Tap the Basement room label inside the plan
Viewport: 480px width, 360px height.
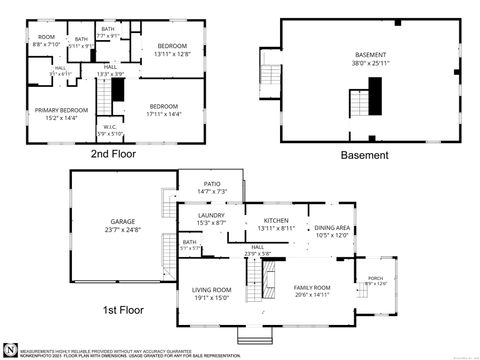pyautogui.click(x=370, y=55)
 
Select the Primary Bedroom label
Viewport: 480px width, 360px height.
pyautogui.click(x=53, y=112)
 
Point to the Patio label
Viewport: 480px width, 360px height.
pyautogui.click(x=211, y=183)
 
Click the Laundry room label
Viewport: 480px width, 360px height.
pyautogui.click(x=211, y=214)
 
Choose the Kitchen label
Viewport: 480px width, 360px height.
pyautogui.click(x=275, y=220)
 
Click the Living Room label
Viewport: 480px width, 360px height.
pyautogui.click(x=211, y=289)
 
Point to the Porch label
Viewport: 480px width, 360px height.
pyautogui.click(x=375, y=278)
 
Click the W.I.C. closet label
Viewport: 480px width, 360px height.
pyautogui.click(x=110, y=127)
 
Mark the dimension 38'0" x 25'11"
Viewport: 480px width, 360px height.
pyautogui.click(x=370, y=63)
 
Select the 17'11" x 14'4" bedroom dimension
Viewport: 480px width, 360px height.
pyautogui.click(x=164, y=114)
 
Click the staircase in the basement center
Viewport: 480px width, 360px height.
pyautogui.click(x=361, y=102)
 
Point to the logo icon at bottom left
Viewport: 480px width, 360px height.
pyautogui.click(x=10, y=349)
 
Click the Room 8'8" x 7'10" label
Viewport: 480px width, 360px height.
pyautogui.click(x=46, y=40)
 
